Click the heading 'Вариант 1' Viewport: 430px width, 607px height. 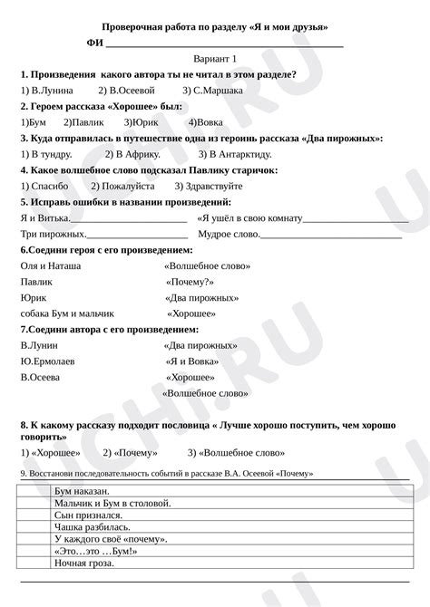pos(214,58)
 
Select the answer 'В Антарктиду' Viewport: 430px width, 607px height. pos(232,154)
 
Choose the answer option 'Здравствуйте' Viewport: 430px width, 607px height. pos(232,186)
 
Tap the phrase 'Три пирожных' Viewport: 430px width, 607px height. pos(46,234)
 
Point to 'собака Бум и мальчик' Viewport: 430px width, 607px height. pos(64,313)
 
